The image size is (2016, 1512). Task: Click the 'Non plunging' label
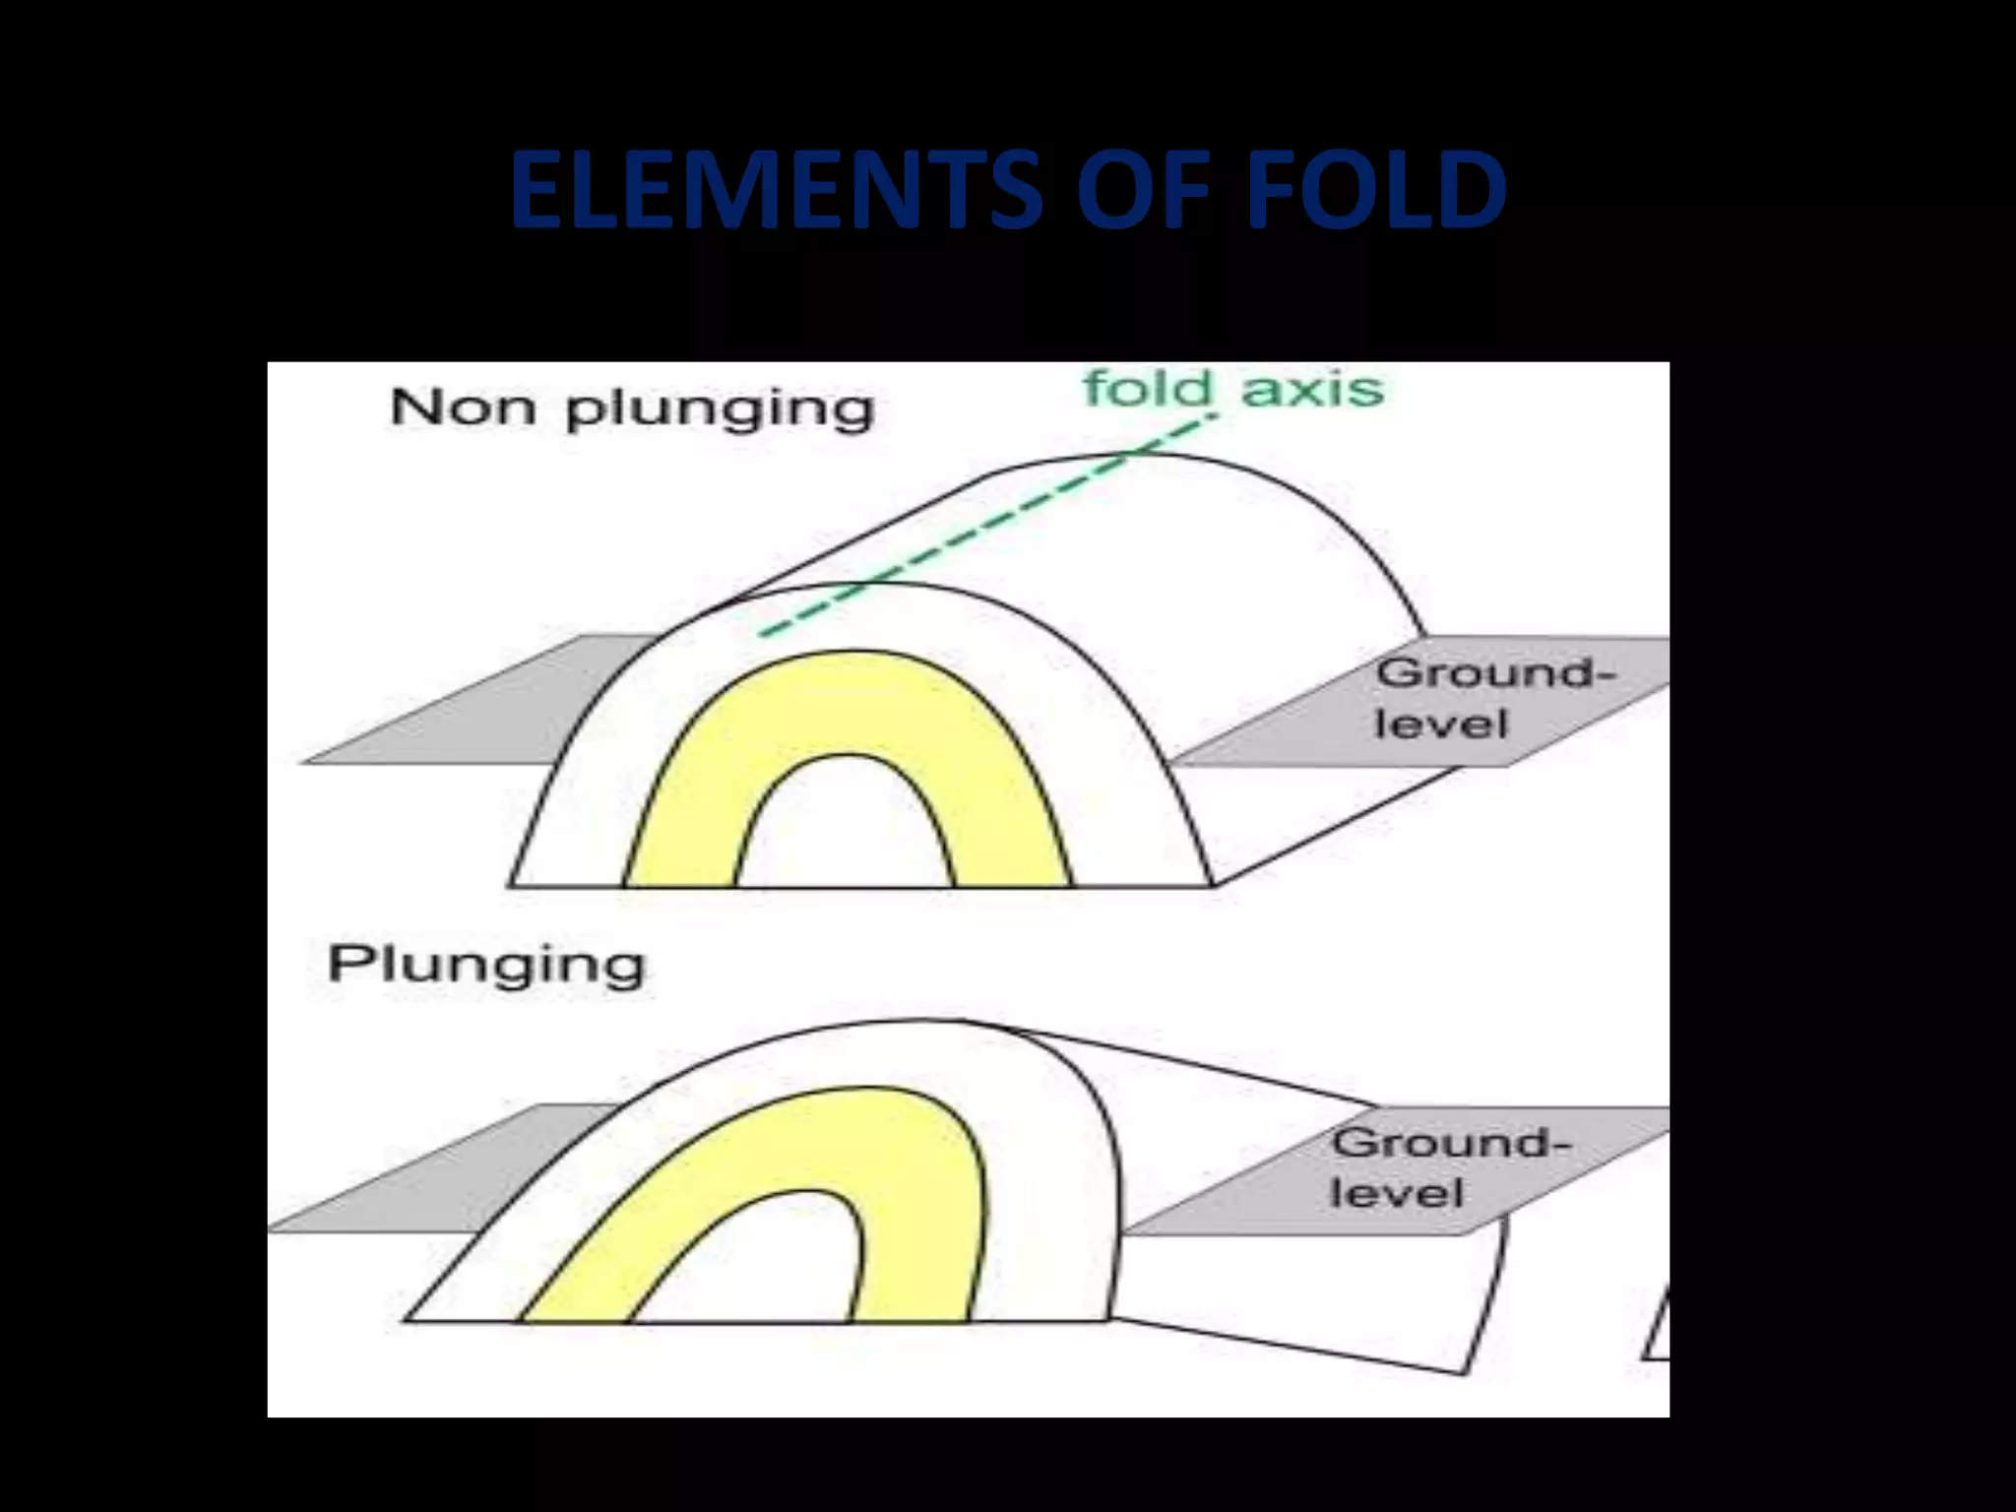coord(632,408)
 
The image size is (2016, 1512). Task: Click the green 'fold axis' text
coord(1233,389)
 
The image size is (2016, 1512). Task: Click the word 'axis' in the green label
coord(1312,389)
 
